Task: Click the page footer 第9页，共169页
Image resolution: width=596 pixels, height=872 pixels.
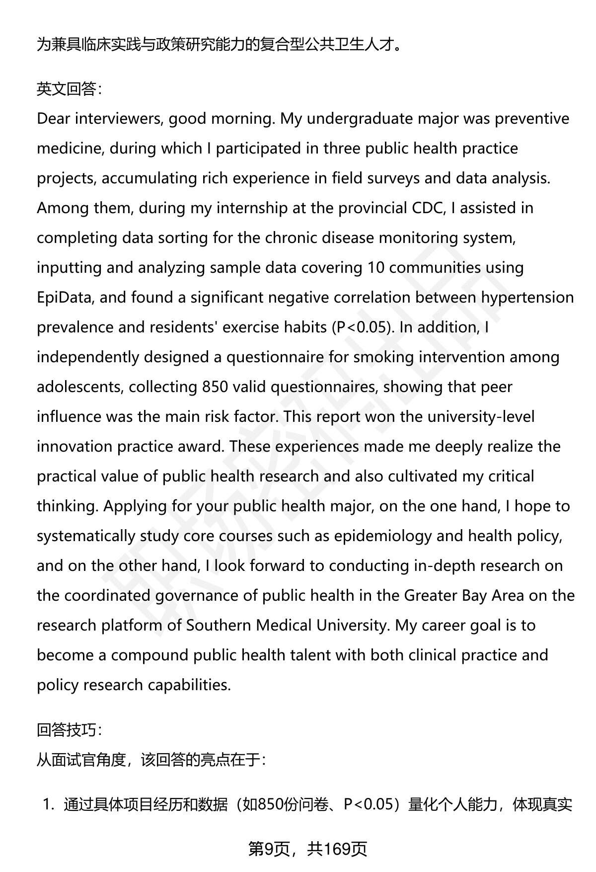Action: coord(307,849)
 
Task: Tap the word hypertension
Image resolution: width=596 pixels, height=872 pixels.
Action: coord(527,298)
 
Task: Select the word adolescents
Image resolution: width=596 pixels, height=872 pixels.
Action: coord(79,387)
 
